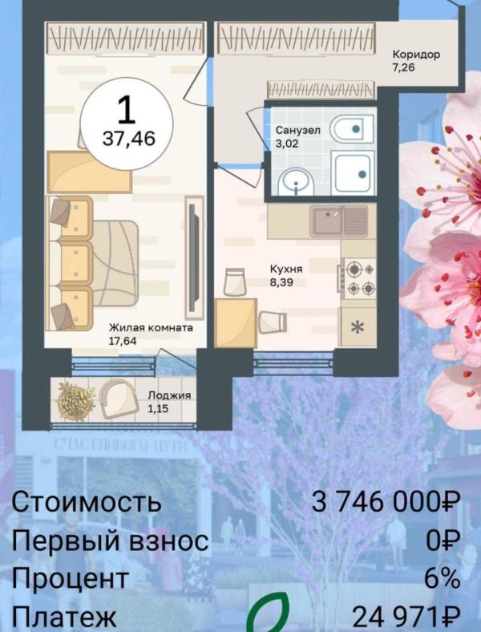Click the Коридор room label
click(x=416, y=54)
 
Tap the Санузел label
click(x=297, y=130)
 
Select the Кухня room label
click(x=286, y=269)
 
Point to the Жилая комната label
click(x=151, y=328)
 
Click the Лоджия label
click(x=169, y=395)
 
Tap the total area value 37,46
click(x=129, y=139)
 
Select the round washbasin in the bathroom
click(x=296, y=182)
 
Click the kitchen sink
click(x=339, y=221)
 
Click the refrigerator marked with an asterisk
click(x=358, y=327)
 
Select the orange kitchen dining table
click(x=236, y=323)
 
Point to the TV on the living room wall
click(x=194, y=258)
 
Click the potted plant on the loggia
click(x=75, y=401)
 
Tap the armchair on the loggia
click(x=119, y=399)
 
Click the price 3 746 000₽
click(x=386, y=502)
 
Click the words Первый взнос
click(x=110, y=540)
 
